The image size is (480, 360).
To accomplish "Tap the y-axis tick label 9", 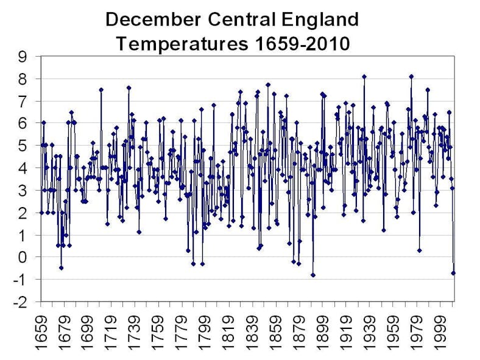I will click(x=23, y=57).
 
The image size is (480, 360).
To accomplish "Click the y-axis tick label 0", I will click(x=23, y=257).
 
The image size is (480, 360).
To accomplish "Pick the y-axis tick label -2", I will click(x=21, y=302).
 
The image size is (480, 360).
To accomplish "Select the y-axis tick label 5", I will click(x=23, y=146).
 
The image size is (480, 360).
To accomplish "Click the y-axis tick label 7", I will click(x=23, y=101).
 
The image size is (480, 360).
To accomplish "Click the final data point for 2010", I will click(x=453, y=273).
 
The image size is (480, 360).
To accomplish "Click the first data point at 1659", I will click(x=41, y=212).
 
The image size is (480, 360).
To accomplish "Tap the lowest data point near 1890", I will click(x=312, y=275).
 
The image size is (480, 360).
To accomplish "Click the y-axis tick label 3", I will click(x=23, y=190).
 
